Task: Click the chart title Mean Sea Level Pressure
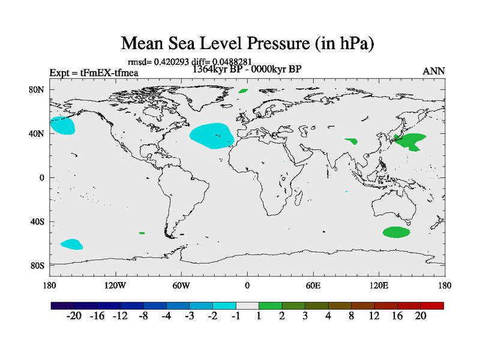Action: click(248, 44)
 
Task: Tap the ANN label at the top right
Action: click(434, 71)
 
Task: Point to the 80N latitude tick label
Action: click(38, 89)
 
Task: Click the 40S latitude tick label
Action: click(38, 221)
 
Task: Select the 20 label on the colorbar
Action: click(420, 317)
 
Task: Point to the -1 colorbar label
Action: click(236, 317)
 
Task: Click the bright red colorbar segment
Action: click(432, 305)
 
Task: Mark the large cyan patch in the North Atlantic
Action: click(212, 136)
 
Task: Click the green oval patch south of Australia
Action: click(397, 232)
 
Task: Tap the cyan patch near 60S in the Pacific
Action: click(71, 244)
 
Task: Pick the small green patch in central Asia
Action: click(351, 141)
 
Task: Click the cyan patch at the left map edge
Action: click(62, 125)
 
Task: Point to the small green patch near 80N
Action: click(243, 91)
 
